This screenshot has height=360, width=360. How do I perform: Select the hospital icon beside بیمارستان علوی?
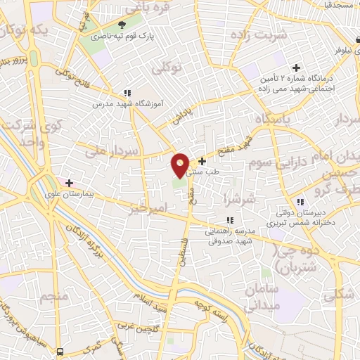(69, 182)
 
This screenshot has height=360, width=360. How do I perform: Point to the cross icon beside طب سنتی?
(202, 161)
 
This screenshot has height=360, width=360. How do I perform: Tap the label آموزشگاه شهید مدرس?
(128, 103)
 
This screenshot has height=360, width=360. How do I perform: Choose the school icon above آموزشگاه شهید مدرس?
(127, 92)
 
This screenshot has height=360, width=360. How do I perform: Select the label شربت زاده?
(250, 35)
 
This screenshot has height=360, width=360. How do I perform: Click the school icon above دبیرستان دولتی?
(300, 202)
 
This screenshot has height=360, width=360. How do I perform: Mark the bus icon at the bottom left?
(60, 351)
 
